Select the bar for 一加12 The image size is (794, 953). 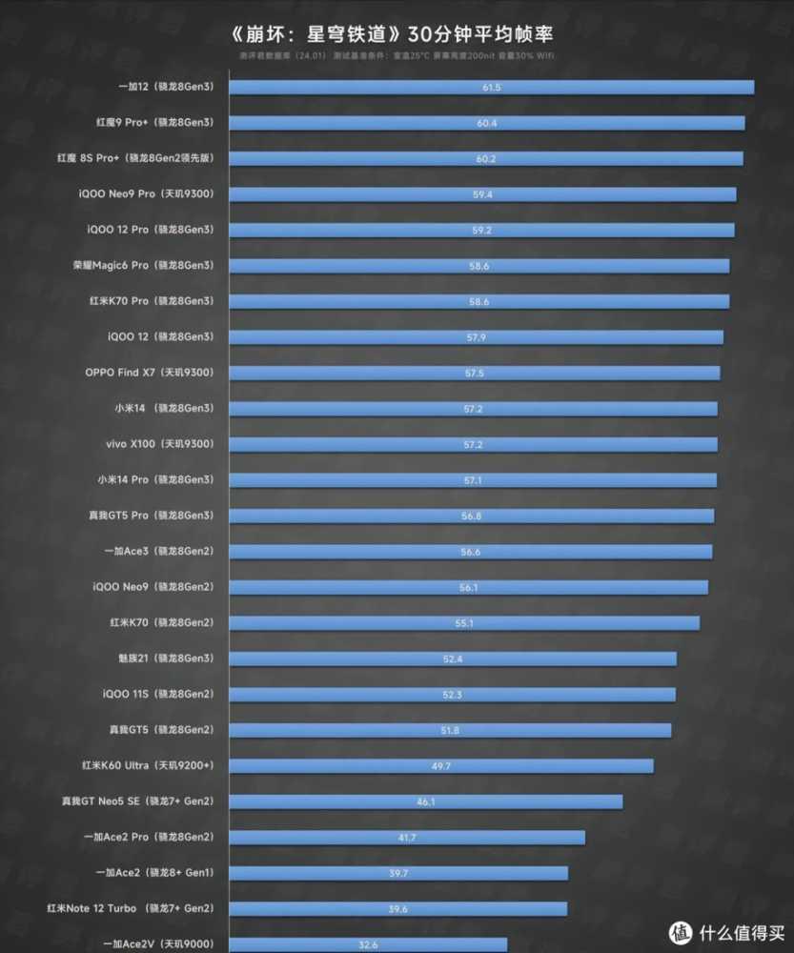click(491, 88)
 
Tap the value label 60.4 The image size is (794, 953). click(487, 123)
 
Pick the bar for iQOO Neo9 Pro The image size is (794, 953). click(482, 194)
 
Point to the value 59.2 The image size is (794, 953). click(481, 230)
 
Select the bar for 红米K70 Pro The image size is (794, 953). click(478, 301)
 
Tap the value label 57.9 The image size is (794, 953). click(477, 336)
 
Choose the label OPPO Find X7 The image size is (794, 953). click(149, 373)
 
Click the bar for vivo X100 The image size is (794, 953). click(473, 444)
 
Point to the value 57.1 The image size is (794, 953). click(473, 480)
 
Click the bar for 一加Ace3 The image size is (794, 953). click(470, 552)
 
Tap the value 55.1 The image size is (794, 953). click(464, 623)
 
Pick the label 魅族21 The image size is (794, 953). click(162, 659)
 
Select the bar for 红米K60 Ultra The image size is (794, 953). click(441, 766)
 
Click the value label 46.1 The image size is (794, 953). click(426, 801)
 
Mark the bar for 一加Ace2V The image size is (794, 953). click(368, 944)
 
